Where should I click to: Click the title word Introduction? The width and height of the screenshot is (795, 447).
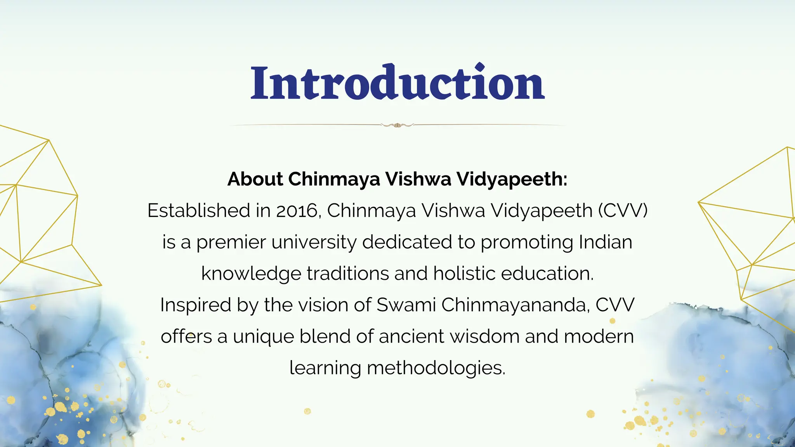[397, 83]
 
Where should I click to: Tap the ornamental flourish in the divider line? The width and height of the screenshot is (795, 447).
[397, 125]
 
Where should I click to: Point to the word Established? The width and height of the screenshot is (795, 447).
[199, 211]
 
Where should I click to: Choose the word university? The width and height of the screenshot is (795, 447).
[314, 243]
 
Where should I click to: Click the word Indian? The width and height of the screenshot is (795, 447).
[606, 242]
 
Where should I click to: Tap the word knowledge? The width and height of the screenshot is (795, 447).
[251, 274]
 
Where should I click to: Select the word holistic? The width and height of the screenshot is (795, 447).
[464, 274]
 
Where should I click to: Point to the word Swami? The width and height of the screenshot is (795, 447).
[406, 305]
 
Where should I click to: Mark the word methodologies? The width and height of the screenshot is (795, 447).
[436, 368]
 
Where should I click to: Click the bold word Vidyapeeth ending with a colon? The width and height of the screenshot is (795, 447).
[512, 179]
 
